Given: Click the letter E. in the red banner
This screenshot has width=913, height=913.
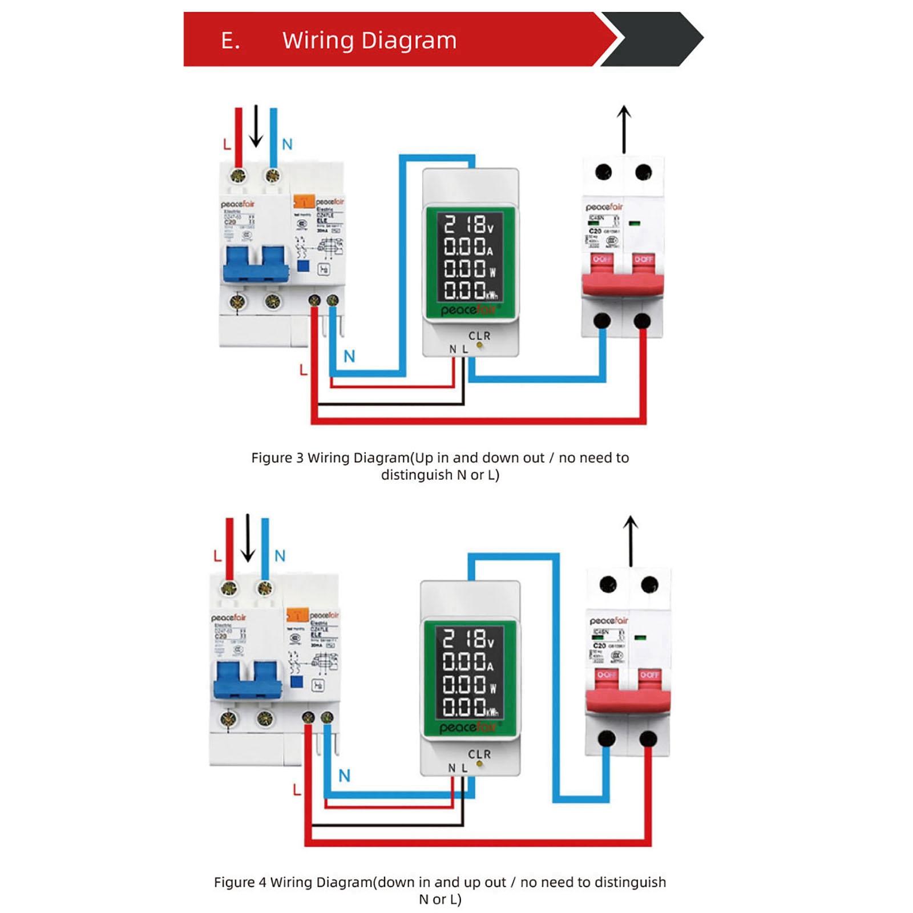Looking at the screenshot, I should (x=231, y=41).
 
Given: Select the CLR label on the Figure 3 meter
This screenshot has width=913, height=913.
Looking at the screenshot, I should (x=479, y=336).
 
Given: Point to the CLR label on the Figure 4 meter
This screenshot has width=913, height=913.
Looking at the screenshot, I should (x=479, y=754).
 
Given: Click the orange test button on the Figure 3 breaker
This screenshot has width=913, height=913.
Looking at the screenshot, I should (x=304, y=201).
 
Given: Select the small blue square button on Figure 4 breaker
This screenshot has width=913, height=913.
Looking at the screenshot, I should (x=296, y=681).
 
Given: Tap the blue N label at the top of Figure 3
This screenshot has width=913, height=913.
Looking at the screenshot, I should (x=287, y=144).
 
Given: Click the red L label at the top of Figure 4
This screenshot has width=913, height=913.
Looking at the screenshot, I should (x=217, y=556).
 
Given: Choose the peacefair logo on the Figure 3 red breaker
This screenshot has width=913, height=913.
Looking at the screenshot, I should (x=604, y=207).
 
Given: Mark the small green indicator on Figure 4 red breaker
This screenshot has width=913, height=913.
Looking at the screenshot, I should (x=640, y=637).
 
